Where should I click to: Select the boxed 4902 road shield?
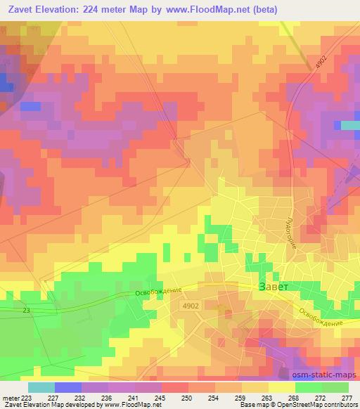click(x=191, y=306)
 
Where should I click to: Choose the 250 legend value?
click(x=187, y=398)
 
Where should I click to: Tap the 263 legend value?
click(x=268, y=398)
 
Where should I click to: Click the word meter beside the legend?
click(x=10, y=398)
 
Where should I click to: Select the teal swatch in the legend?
click(x=41, y=387)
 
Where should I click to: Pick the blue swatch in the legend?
click(x=67, y=387)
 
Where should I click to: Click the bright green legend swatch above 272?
click(x=308, y=387)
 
